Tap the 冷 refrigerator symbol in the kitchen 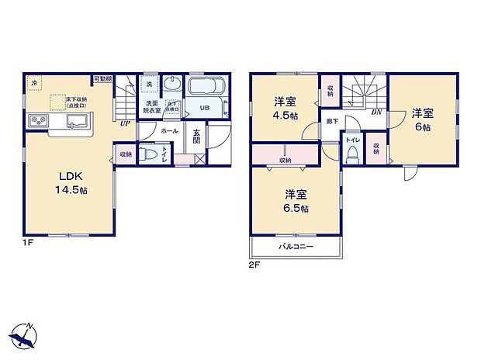(34, 83)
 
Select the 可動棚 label (102, 78)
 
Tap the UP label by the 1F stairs (124, 123)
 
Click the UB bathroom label (206, 108)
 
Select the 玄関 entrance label (197, 137)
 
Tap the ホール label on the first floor (169, 132)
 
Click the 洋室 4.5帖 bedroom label (284, 107)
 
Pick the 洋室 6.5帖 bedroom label (295, 201)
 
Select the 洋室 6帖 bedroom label (422, 119)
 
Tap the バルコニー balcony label (296, 247)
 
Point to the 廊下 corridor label (332, 122)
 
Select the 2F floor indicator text (254, 265)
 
